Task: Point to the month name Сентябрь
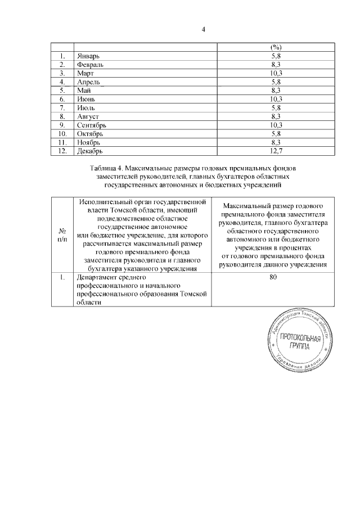click(x=92, y=124)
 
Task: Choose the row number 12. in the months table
click(x=62, y=151)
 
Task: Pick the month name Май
click(x=83, y=91)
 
